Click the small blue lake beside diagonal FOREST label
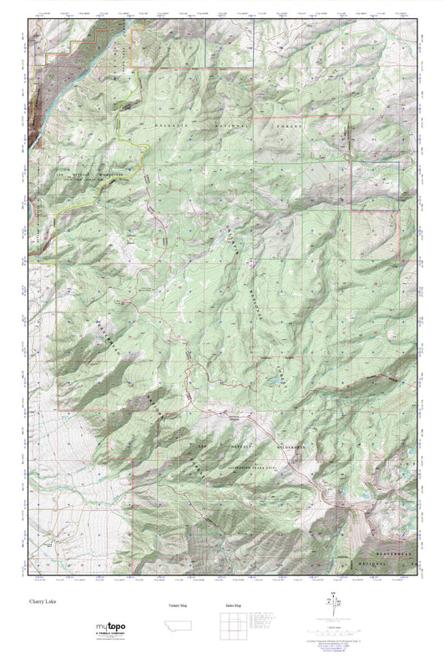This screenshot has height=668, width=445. (273, 385)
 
